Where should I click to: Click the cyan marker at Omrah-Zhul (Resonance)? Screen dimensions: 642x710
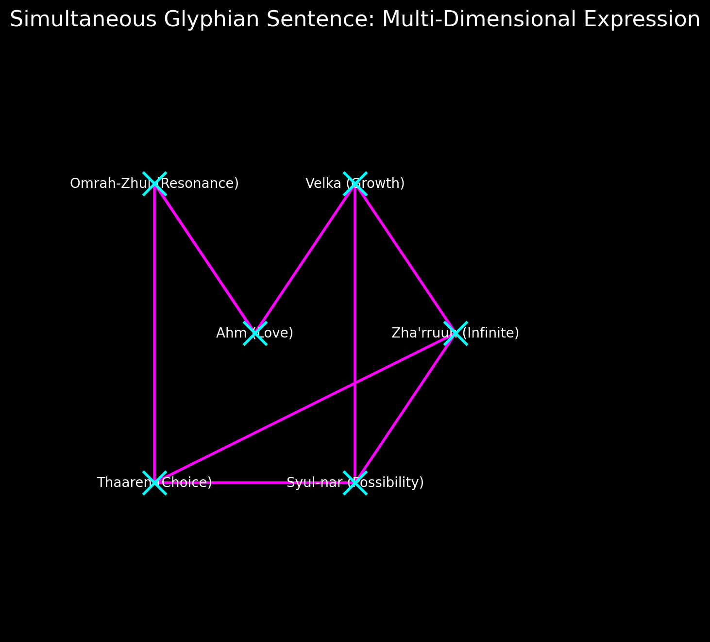point(154,184)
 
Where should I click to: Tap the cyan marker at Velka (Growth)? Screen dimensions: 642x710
point(355,184)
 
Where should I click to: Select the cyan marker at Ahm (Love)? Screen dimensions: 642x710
point(255,333)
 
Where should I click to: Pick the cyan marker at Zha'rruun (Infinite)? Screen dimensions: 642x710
point(456,333)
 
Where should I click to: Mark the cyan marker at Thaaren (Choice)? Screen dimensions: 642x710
point(154,483)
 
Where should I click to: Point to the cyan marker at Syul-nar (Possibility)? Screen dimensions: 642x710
point(355,483)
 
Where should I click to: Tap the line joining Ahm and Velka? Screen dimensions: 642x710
point(305,258)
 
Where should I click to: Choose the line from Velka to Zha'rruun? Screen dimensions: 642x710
point(405,258)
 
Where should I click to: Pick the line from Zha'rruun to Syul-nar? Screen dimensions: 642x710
point(405,408)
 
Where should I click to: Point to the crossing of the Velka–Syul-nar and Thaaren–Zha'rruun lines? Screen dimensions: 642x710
point(355,383)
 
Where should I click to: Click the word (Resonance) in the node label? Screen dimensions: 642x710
point(200,184)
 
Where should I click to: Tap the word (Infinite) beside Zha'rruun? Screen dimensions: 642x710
point(490,333)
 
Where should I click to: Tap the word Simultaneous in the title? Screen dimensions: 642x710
point(83,20)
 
